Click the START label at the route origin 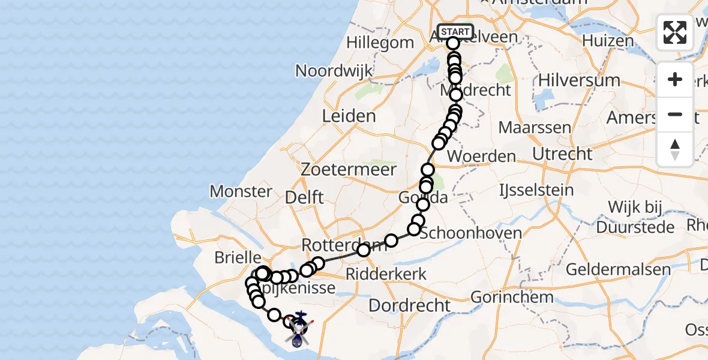click(x=455, y=31)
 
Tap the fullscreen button click(x=675, y=32)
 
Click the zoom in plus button click(x=675, y=79)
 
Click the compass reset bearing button click(x=675, y=149)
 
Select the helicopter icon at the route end click(x=298, y=328)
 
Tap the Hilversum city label click(x=579, y=80)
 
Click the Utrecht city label click(x=562, y=154)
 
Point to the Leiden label click(x=349, y=116)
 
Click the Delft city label click(x=305, y=197)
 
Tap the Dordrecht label click(x=409, y=305)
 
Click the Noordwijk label click(x=334, y=71)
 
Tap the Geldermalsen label click(x=618, y=269)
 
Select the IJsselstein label click(x=536, y=191)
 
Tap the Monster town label click(x=241, y=191)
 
